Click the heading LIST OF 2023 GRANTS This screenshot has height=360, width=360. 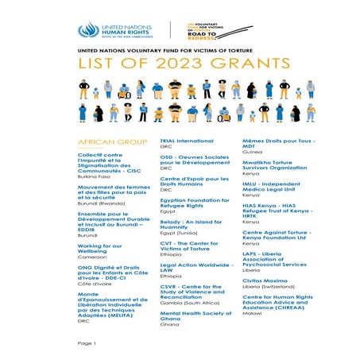[180, 64]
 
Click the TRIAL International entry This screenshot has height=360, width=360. [188, 140]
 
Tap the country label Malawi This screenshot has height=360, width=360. [251, 314]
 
